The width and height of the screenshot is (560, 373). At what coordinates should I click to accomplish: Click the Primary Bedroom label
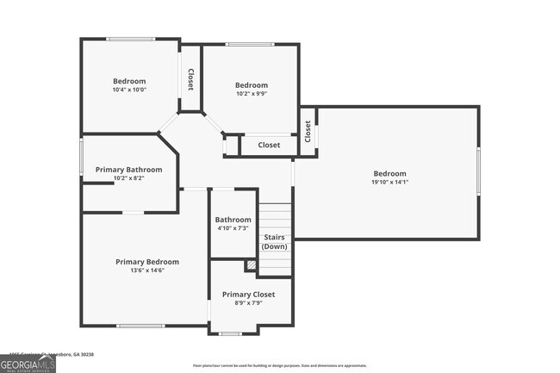[147, 262]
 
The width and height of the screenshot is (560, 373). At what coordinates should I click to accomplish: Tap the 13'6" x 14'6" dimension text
[147, 270]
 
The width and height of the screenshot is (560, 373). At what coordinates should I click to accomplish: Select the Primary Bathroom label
[128, 170]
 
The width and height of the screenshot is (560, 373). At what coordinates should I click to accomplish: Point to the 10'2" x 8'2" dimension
[128, 178]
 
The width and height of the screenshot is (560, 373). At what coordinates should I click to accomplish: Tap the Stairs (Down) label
[275, 241]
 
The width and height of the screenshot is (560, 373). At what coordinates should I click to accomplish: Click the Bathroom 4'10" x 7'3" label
[233, 223]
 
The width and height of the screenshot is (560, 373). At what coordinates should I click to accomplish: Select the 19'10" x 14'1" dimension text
[389, 182]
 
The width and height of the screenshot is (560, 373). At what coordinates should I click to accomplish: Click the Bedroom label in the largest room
[389, 173]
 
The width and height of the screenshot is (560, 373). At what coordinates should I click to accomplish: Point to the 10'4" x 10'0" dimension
[129, 90]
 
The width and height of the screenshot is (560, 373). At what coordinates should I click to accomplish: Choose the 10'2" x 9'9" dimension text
[252, 94]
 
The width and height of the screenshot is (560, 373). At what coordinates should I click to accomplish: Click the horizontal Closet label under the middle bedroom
[269, 145]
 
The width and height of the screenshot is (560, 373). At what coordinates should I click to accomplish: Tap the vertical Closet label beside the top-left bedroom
[190, 80]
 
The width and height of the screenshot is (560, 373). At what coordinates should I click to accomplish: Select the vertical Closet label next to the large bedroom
[308, 130]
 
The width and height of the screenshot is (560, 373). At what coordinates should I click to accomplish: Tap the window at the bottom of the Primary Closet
[230, 333]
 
